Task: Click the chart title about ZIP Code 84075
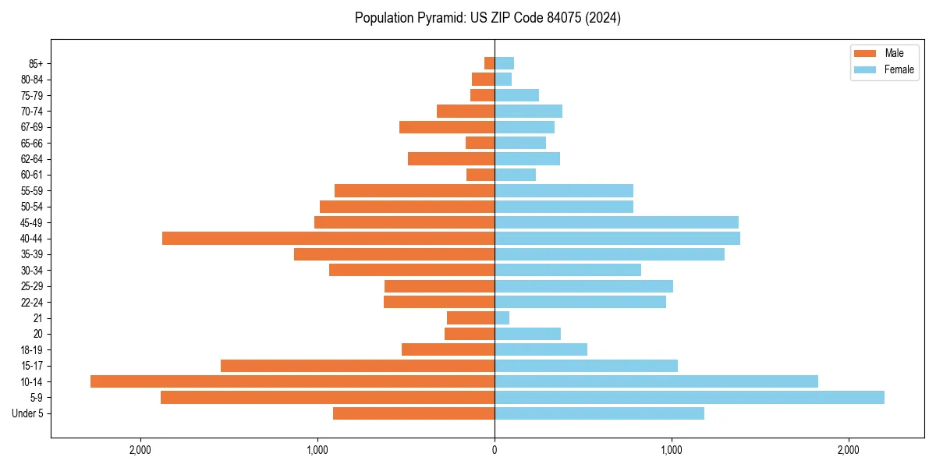click(x=487, y=18)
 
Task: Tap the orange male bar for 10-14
click(x=292, y=381)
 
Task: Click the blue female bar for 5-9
click(x=690, y=398)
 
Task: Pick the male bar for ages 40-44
click(x=328, y=239)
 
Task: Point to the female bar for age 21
click(x=502, y=318)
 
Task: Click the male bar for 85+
click(x=490, y=63)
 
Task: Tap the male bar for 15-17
click(x=357, y=366)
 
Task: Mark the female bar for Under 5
click(x=599, y=413)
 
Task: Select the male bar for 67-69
click(x=447, y=127)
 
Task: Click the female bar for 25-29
click(x=583, y=286)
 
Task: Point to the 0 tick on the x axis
click(x=495, y=450)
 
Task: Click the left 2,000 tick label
click(x=140, y=450)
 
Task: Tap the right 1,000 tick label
click(x=672, y=450)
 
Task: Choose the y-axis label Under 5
click(x=27, y=413)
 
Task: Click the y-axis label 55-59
click(x=31, y=191)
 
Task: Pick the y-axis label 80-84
click(x=31, y=80)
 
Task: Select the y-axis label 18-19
click(x=31, y=350)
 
